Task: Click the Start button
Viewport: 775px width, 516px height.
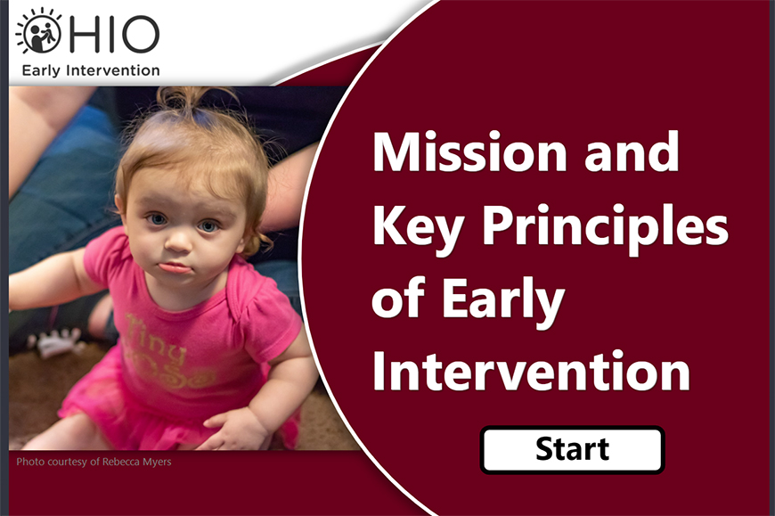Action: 572,449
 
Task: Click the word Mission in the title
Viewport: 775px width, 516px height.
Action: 469,152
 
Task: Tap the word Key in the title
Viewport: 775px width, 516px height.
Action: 418,227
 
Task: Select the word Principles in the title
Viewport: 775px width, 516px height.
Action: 605,227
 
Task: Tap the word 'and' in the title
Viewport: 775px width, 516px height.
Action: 632,152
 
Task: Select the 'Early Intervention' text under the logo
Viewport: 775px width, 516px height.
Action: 91,70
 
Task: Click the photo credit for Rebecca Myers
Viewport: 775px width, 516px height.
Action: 94,462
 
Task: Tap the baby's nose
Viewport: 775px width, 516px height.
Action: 178,241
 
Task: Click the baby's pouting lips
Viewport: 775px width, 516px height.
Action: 174,267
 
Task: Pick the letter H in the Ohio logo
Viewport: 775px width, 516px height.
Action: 92,34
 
